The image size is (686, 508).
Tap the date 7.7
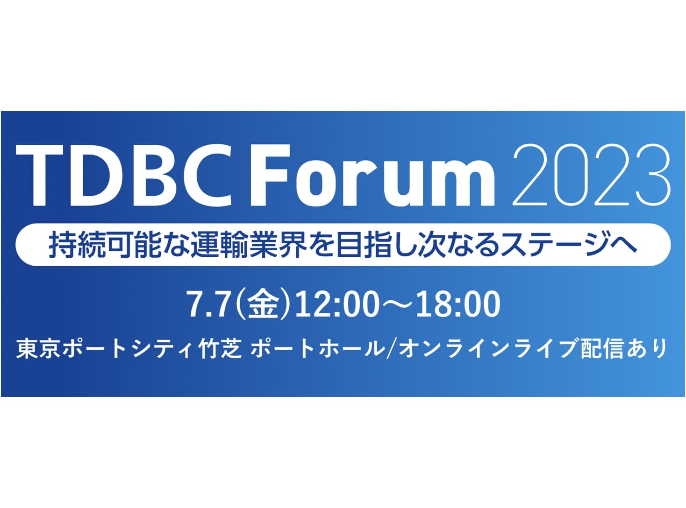tap(208, 304)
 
